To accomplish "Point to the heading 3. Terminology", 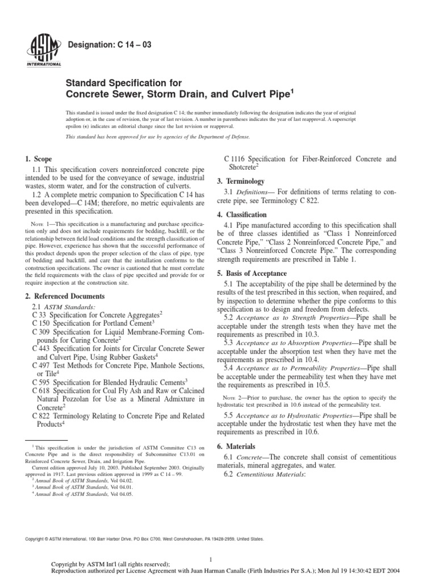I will coord(241,181).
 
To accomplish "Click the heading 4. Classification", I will coord(242,215).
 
